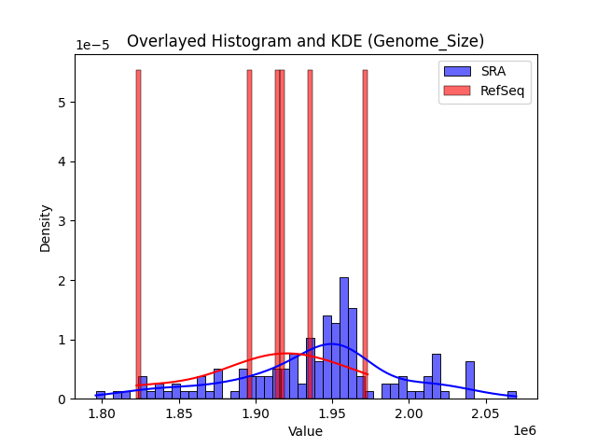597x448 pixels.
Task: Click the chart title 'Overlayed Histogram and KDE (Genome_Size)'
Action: pos(305,41)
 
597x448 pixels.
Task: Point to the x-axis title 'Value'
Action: pos(305,431)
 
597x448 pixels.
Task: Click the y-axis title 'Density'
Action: pos(45,227)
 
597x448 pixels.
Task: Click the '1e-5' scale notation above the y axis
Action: pos(90,46)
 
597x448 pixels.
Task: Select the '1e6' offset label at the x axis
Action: pos(523,431)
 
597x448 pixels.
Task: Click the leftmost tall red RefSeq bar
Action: pos(138,233)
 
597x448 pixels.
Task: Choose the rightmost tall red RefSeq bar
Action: pos(365,233)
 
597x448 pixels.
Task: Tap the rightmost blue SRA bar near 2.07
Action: pos(512,395)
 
